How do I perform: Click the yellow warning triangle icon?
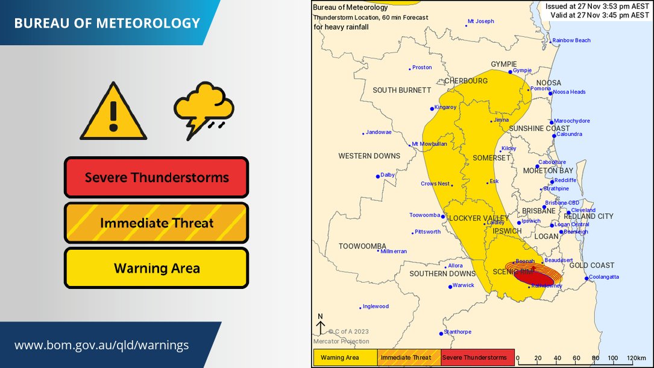(x=113, y=113)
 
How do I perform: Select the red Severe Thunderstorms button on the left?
(x=157, y=177)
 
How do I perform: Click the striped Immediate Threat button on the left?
(x=157, y=223)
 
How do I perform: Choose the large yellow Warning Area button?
(x=157, y=268)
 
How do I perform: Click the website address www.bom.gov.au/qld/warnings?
(x=101, y=346)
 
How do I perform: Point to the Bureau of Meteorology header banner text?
(x=107, y=24)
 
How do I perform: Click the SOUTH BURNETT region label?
(x=401, y=90)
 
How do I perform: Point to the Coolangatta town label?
(x=603, y=278)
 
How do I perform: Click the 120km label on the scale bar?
(x=636, y=358)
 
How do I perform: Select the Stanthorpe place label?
(x=457, y=332)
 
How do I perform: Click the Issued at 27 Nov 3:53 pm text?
(x=597, y=7)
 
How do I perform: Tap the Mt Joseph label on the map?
(x=481, y=21)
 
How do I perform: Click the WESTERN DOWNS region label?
(x=369, y=156)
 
